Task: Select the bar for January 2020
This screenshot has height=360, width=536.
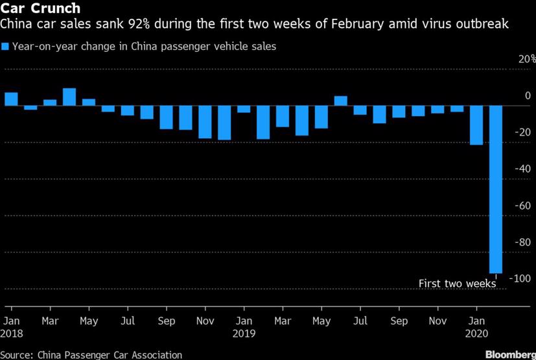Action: pos(476,125)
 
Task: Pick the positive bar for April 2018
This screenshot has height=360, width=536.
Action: pos(69,97)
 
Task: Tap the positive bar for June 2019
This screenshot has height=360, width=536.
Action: pos(341,101)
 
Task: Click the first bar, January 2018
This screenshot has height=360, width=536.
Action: pos(11,99)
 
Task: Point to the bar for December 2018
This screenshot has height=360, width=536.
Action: pos(224,123)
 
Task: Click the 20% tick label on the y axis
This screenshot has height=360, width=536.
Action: pos(525,59)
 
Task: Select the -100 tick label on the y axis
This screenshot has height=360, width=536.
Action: pos(522,278)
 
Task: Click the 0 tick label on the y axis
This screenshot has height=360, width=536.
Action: pos(528,96)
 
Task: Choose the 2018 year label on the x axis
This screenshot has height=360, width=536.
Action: pos(12,334)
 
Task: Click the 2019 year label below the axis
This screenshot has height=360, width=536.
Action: pos(244,334)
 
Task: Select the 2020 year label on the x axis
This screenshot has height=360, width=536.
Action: pos(478,334)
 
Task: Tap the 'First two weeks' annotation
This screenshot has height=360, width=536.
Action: pos(457,283)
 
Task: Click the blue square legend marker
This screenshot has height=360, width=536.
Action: pos(6,47)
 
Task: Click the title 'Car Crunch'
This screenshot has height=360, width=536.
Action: pos(40,9)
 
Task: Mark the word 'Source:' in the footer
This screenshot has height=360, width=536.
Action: pos(17,355)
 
